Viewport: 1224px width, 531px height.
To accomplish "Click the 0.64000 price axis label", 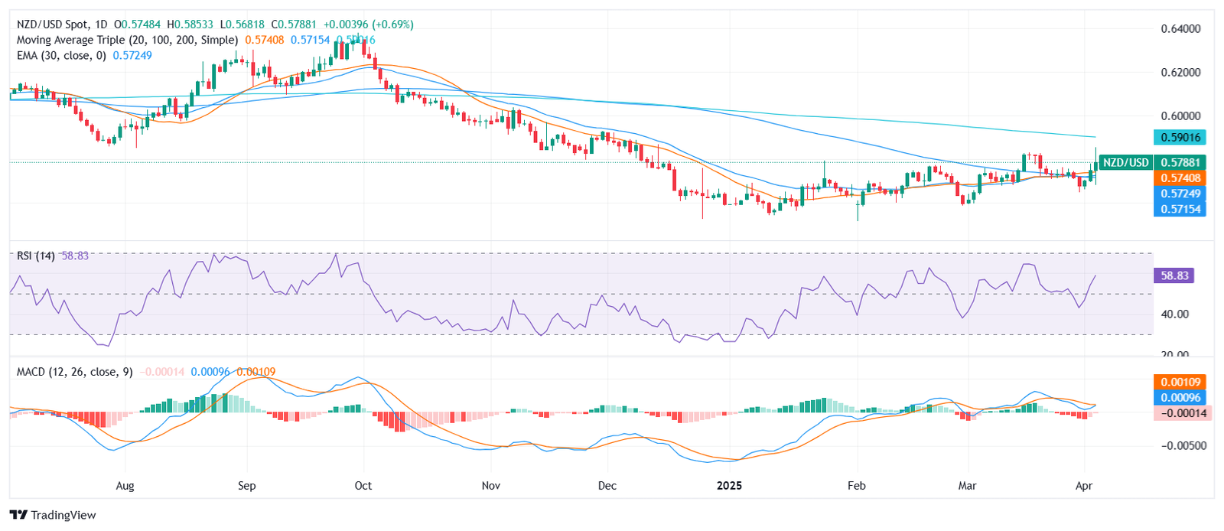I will pos(1180,29).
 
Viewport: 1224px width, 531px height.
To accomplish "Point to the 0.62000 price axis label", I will pos(1180,73).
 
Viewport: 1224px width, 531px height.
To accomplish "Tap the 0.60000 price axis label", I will pos(1180,116).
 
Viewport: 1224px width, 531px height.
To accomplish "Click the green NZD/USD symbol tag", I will pos(1125,162).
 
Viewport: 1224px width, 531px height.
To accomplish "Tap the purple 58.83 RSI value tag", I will pos(1174,275).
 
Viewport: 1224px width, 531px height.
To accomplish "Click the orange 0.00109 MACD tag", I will pos(1180,382).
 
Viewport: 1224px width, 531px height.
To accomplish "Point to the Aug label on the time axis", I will pos(125,486).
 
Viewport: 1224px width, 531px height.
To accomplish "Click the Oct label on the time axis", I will pos(363,486).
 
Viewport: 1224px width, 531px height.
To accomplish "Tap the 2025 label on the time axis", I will pos(729,486).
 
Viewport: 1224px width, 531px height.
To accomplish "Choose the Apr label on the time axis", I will pos(1083,486).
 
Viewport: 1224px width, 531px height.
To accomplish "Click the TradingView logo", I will pos(53,515).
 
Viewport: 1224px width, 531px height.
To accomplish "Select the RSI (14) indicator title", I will pos(35,256).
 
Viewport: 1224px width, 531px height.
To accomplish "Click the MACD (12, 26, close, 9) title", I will pos(74,372).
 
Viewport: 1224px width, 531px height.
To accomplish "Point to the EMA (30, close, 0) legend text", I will pos(61,56).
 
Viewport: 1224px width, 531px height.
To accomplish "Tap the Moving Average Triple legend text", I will pos(127,40).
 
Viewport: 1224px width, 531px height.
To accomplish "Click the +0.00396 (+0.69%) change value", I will pos(368,24).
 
